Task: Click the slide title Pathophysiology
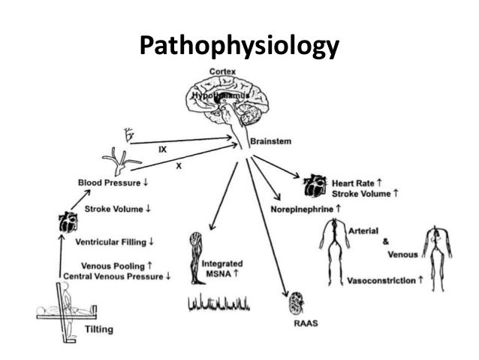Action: pos(239,46)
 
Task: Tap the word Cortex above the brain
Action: pos(223,71)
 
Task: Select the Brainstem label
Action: pos(271,141)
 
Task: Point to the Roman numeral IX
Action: pos(162,149)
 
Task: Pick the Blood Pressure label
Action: pos(115,183)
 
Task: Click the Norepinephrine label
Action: pos(306,207)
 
